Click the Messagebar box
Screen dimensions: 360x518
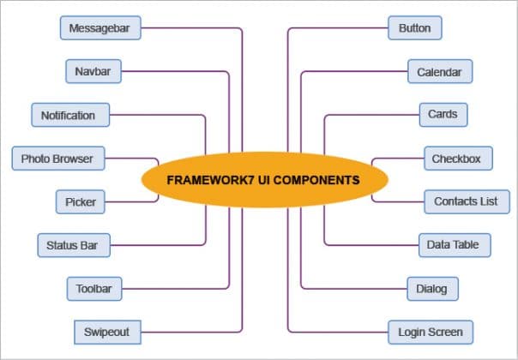point(100,28)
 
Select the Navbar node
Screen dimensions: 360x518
point(93,71)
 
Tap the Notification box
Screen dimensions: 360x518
point(69,115)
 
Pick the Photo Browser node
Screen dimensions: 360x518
point(57,159)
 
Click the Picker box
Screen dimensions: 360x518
point(81,202)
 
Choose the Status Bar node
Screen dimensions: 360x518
point(73,246)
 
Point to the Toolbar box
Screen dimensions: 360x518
point(94,289)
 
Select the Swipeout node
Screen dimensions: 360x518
point(101,332)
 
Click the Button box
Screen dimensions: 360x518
point(415,28)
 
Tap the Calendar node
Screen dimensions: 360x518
point(439,72)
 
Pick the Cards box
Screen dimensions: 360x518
point(443,114)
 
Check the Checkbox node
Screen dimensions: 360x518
point(455,159)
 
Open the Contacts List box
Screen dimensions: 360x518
point(466,202)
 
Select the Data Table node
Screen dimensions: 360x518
point(453,245)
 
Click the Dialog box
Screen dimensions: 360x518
point(431,289)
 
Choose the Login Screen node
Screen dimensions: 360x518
point(431,332)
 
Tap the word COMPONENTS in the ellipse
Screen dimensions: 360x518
point(316,181)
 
